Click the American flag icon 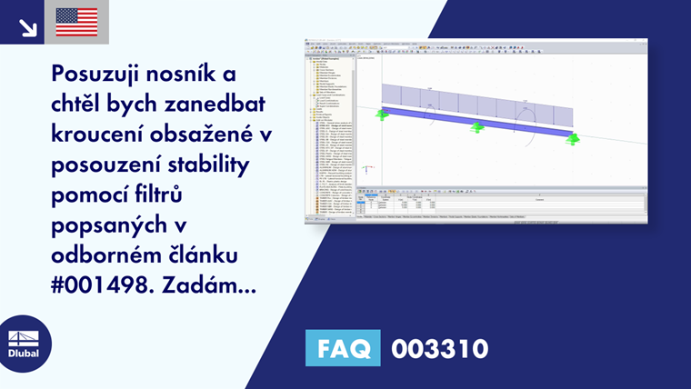click(x=76, y=22)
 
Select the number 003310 click(x=440, y=348)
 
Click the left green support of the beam click(x=380, y=115)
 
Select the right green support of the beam click(x=572, y=139)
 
